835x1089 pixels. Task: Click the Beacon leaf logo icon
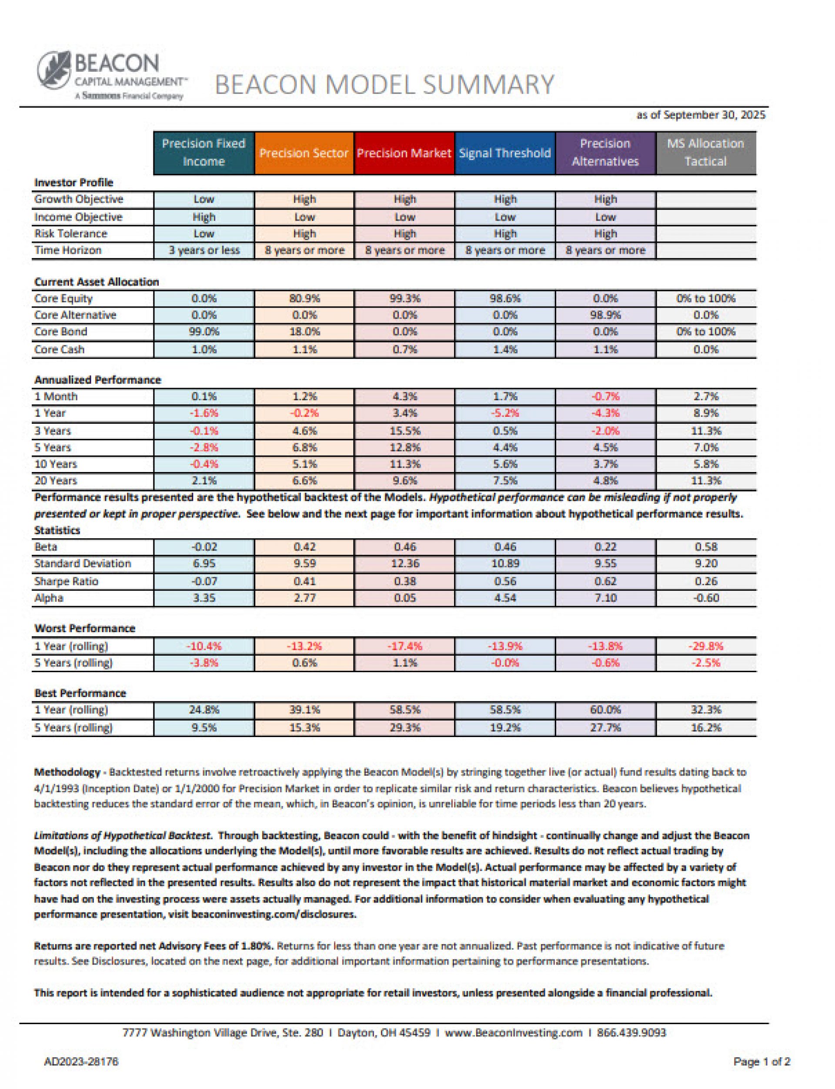pyautogui.click(x=53, y=70)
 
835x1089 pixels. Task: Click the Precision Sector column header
pyautogui.click(x=304, y=153)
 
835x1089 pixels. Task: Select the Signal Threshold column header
pyautogui.click(x=504, y=153)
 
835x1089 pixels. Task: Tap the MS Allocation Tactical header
pyautogui.click(x=705, y=153)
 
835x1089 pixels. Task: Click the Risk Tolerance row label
pyautogui.click(x=70, y=234)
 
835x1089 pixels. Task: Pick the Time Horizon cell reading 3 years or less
pyautogui.click(x=204, y=250)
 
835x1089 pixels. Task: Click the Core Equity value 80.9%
pyautogui.click(x=304, y=298)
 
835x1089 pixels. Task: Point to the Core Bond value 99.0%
pyautogui.click(x=204, y=332)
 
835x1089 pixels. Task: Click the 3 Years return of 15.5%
pyautogui.click(x=404, y=431)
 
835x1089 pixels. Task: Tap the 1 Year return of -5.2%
pyautogui.click(x=504, y=413)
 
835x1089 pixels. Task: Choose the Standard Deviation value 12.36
pyautogui.click(x=404, y=563)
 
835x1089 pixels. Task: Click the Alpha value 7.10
pyautogui.click(x=605, y=598)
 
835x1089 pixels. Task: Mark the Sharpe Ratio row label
pyautogui.click(x=66, y=581)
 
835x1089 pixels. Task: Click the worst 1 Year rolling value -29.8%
pyautogui.click(x=705, y=646)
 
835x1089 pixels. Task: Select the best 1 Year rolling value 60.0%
pyautogui.click(x=605, y=710)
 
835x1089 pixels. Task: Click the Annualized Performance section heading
pyautogui.click(x=97, y=380)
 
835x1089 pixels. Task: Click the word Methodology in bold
pyautogui.click(x=67, y=772)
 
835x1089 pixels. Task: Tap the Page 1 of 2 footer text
pyautogui.click(x=762, y=1062)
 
